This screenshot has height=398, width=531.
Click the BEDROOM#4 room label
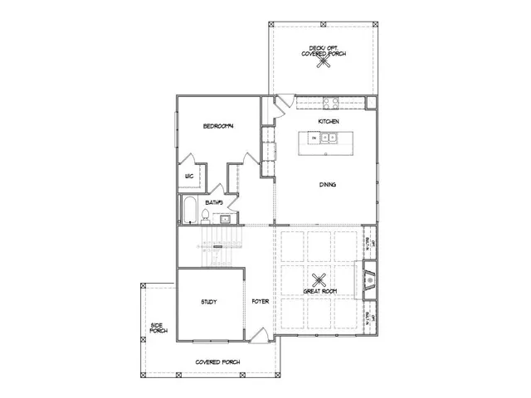click(x=221, y=126)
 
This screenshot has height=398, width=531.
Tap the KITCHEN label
click(x=329, y=122)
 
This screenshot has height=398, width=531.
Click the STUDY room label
click(x=208, y=302)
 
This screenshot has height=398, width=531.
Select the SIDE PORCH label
click(x=158, y=328)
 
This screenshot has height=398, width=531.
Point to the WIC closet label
click(x=189, y=176)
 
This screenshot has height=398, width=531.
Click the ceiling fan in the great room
click(x=320, y=279)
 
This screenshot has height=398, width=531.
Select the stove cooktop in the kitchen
click(x=329, y=104)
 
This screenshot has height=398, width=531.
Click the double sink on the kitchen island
click(x=327, y=138)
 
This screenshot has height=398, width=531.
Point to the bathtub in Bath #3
click(x=188, y=212)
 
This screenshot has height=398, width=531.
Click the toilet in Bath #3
click(x=202, y=218)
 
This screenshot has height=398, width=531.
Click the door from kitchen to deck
click(x=284, y=103)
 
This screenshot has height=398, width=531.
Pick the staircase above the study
click(x=214, y=248)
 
